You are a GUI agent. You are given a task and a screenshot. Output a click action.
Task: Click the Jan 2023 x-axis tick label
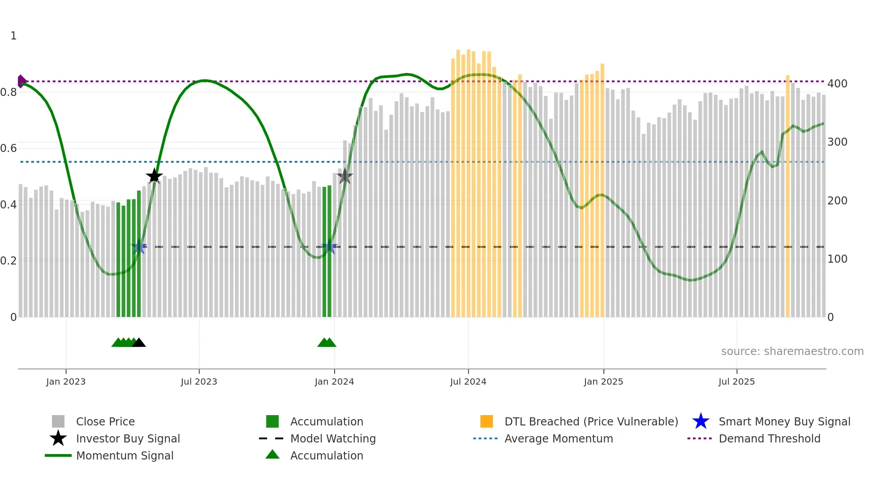click(66, 381)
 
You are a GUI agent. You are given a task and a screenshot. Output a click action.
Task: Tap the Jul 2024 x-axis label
click(468, 381)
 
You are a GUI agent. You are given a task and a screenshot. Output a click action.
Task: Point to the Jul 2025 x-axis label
click(736, 381)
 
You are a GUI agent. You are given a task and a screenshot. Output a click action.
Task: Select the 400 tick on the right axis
click(837, 84)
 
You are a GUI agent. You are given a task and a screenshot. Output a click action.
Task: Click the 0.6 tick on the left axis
click(9, 148)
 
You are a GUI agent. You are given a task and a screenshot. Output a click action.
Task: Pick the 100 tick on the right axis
click(837, 259)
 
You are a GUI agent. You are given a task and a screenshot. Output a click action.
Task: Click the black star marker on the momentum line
click(154, 176)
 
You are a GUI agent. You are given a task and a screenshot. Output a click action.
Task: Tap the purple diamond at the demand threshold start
click(21, 81)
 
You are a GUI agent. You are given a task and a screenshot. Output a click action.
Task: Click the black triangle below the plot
click(139, 343)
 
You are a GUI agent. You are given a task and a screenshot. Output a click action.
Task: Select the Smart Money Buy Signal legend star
click(701, 421)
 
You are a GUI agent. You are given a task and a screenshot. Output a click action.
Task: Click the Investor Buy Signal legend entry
click(128, 438)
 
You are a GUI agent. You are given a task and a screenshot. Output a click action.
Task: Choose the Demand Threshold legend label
click(769, 438)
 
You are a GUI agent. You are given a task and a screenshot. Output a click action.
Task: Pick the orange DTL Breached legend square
click(486, 421)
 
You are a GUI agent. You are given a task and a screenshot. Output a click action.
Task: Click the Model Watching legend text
click(333, 438)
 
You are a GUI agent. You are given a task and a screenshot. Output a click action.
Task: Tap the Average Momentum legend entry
click(558, 438)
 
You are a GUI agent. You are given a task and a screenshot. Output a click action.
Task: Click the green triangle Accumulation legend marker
click(272, 455)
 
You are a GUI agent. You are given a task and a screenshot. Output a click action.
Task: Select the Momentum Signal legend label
click(125, 455)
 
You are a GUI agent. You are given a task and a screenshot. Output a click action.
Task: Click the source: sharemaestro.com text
click(792, 351)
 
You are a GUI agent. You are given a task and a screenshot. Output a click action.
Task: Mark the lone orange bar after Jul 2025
click(788, 197)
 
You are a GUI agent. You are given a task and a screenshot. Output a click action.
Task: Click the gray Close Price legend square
click(58, 421)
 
